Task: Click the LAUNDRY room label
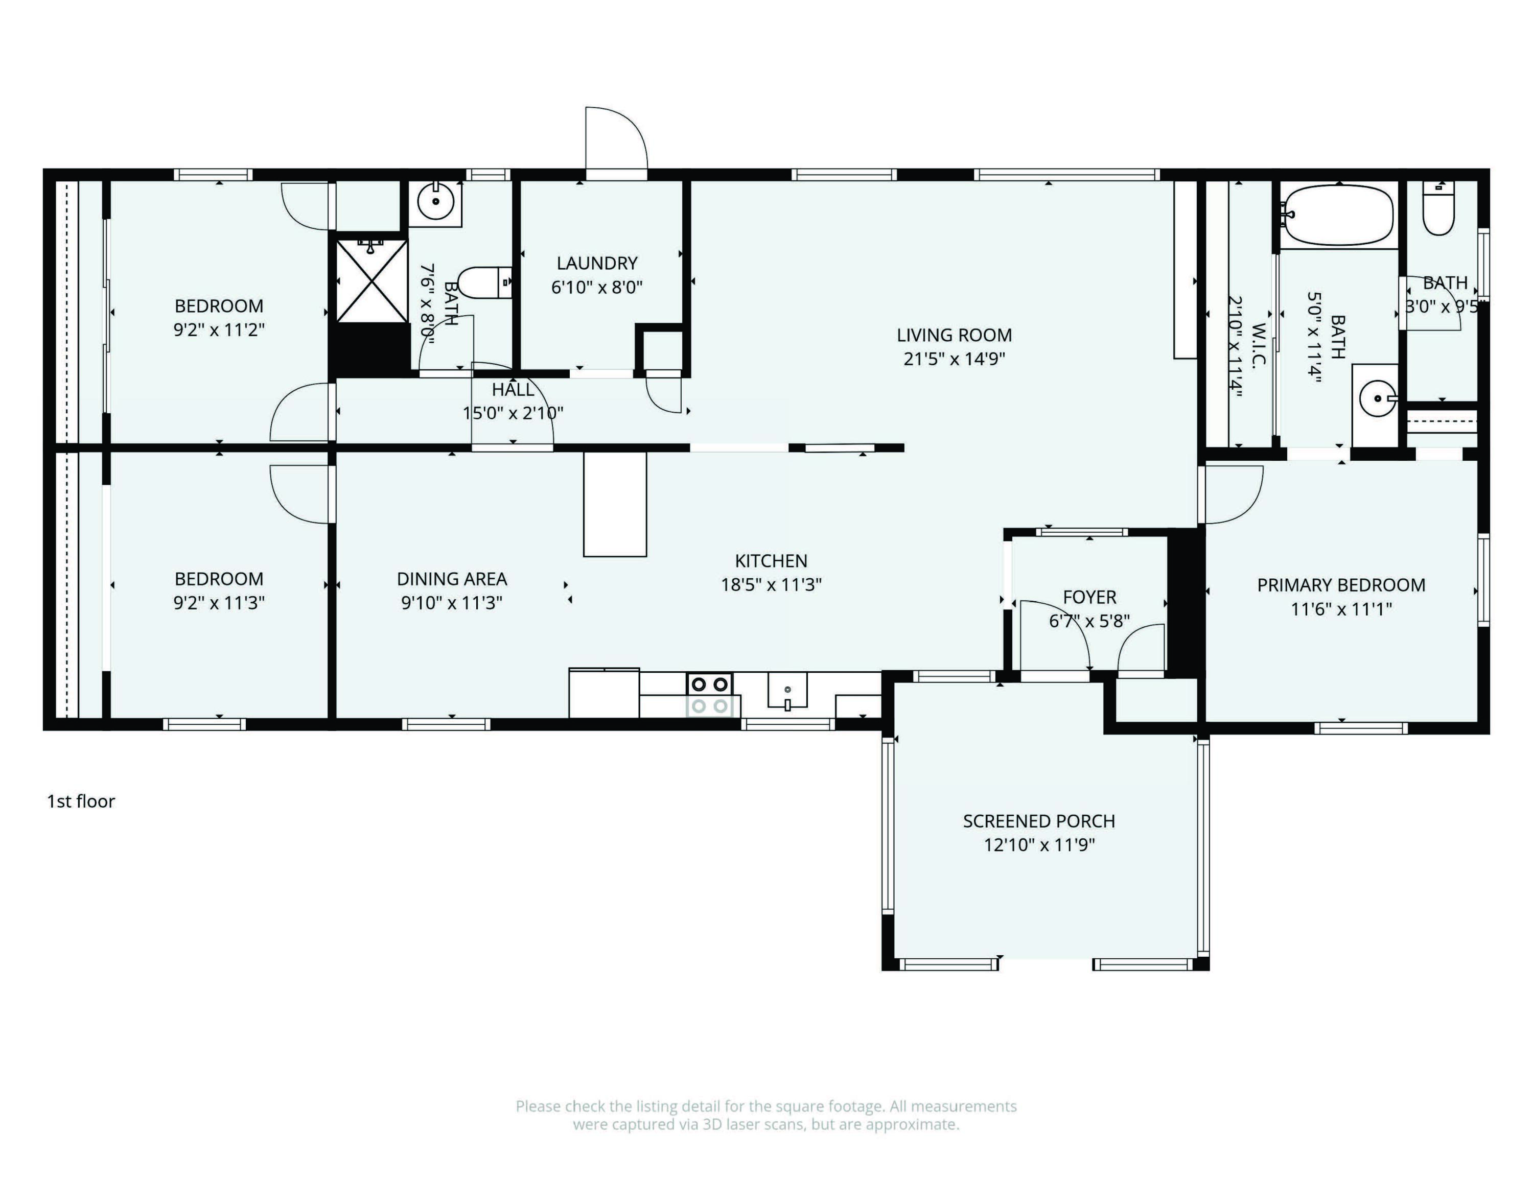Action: (597, 263)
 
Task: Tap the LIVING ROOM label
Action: (954, 336)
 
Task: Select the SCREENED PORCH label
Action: (1039, 821)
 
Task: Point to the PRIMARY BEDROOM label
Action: (1341, 585)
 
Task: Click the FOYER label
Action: (1089, 597)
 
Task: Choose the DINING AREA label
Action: (452, 579)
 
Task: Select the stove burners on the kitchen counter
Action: (710, 695)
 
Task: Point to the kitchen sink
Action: (787, 691)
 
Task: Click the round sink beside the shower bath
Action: (436, 202)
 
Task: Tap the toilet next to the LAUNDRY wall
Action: (486, 282)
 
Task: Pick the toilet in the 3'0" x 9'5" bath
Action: (1438, 208)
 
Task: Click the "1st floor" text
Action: (81, 801)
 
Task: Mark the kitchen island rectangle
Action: (615, 504)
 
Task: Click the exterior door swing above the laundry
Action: (616, 139)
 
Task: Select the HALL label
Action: (513, 389)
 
